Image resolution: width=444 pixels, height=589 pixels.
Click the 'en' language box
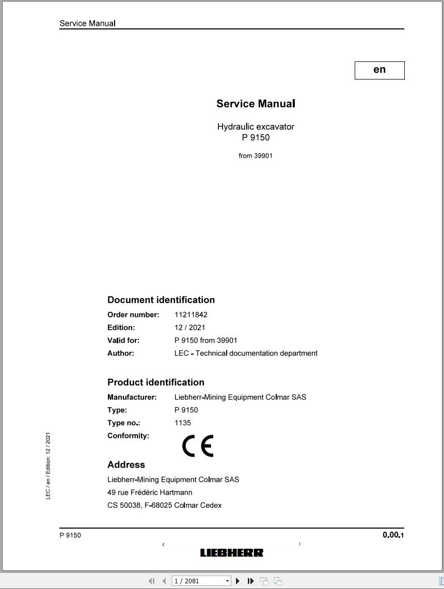point(379,70)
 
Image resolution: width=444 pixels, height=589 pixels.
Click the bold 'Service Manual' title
point(256,104)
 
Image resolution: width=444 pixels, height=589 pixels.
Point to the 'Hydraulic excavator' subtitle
point(256,126)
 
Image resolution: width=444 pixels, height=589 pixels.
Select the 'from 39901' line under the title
point(256,156)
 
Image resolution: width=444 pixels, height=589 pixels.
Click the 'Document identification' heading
point(161,300)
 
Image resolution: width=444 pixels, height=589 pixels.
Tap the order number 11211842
point(191,314)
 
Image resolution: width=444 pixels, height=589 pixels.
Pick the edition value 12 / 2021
point(190,327)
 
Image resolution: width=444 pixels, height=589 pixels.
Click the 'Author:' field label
point(121,353)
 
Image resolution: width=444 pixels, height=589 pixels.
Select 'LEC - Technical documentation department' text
point(246,353)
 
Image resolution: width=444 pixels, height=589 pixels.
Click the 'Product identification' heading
point(156,383)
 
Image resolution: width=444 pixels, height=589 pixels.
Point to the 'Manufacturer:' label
point(132,397)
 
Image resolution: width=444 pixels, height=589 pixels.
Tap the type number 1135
point(183,423)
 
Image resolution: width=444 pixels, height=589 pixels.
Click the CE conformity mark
point(198,446)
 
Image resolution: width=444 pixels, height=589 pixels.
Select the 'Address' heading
point(126,465)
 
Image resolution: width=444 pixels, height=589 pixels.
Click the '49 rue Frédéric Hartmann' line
point(150,492)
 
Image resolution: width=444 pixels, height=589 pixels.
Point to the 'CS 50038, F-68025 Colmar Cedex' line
point(164,505)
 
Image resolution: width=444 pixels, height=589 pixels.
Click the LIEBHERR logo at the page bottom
point(232,553)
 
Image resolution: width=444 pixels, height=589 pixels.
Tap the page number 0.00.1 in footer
point(393,535)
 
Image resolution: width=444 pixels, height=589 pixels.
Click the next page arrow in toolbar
point(238,581)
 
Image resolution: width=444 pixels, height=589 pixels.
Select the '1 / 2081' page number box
point(199,581)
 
